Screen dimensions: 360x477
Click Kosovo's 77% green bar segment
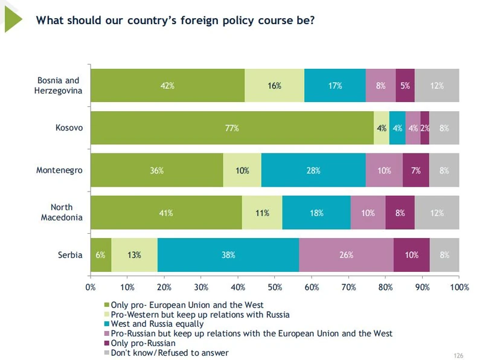pyautogui.click(x=232, y=128)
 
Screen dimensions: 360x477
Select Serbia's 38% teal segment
pyautogui.click(x=228, y=255)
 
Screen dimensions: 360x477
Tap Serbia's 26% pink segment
pyautogui.click(x=346, y=255)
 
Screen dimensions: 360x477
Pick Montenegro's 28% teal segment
pyautogui.click(x=313, y=170)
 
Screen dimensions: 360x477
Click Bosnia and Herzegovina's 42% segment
pyautogui.click(x=167, y=86)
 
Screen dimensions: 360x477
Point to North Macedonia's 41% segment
pyautogui.click(x=166, y=213)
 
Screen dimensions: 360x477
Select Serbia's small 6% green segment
pyautogui.click(x=101, y=255)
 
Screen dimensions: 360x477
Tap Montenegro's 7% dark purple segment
pyautogui.click(x=415, y=170)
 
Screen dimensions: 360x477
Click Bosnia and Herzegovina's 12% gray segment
pyautogui.click(x=437, y=86)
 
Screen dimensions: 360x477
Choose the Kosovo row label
pyautogui.click(x=69, y=128)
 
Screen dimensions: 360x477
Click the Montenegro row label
pyautogui.click(x=59, y=170)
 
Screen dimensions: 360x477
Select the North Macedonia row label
pyautogui.click(x=61, y=213)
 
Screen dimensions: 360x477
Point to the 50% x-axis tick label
pyautogui.click(x=275, y=287)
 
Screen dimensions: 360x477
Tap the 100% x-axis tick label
pyautogui.click(x=459, y=287)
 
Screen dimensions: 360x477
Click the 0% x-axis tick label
pyautogui.click(x=91, y=287)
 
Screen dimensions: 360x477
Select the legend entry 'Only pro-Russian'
pyautogui.click(x=141, y=343)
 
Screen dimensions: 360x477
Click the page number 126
pyautogui.click(x=457, y=355)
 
